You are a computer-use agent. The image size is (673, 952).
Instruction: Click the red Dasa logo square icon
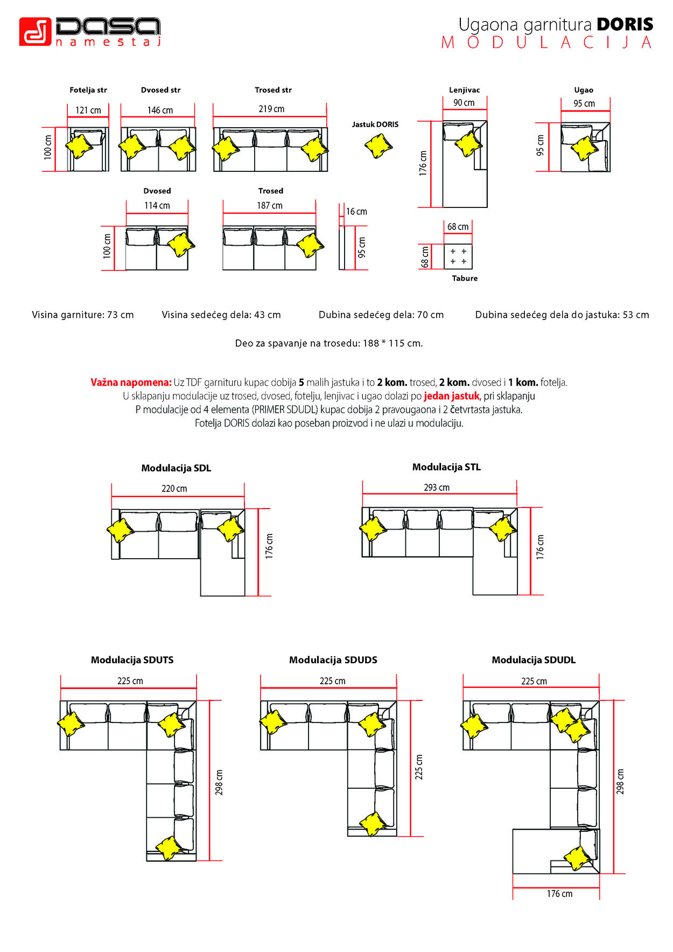coord(35,32)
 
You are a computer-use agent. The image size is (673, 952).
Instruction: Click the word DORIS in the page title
coord(625,24)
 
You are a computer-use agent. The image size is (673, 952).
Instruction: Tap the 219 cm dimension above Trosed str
coord(271,109)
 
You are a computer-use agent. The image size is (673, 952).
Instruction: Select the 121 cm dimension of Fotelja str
coord(88,110)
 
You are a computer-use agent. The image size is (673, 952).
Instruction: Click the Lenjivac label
coord(464,90)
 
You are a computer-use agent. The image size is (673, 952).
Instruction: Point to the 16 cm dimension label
coord(356,212)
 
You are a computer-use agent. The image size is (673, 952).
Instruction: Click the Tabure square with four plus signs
coord(458,256)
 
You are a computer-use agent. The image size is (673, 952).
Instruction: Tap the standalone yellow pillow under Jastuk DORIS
coord(378,145)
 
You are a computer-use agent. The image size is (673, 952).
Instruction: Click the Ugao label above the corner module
coord(584,90)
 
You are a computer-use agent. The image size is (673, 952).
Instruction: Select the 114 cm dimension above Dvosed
coord(157,205)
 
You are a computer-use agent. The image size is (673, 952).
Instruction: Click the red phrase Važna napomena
coord(131,383)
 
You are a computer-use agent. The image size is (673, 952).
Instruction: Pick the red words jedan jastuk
coord(451,396)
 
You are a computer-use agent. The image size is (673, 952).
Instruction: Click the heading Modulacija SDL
coord(176,468)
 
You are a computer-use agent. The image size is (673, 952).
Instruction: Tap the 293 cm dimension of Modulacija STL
coord(437,488)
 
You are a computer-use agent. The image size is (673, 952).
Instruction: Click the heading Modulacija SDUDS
coord(333,660)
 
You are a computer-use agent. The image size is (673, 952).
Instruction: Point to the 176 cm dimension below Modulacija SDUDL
coord(559,894)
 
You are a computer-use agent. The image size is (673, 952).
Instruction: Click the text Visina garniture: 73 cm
coord(83,315)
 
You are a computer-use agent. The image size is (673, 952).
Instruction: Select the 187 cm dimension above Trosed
coord(269,205)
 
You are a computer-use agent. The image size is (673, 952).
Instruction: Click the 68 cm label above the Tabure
coord(458,227)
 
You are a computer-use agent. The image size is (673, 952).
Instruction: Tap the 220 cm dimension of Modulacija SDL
coord(174,489)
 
